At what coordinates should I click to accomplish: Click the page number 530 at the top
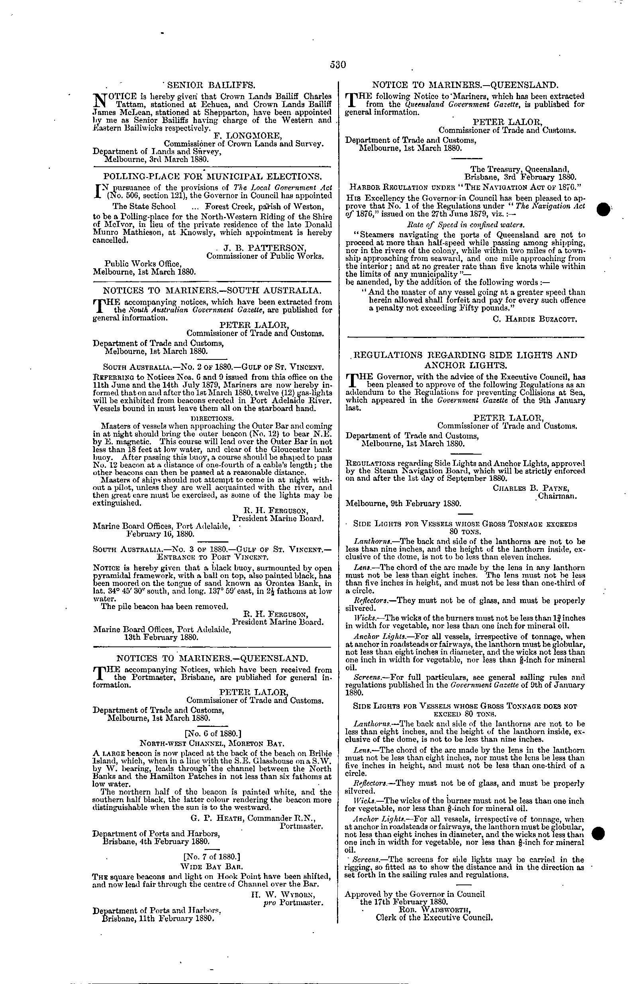pos(338,64)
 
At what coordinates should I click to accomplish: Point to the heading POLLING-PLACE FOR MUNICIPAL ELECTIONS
pos(212,176)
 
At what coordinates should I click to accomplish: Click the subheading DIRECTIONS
pos(212,418)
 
